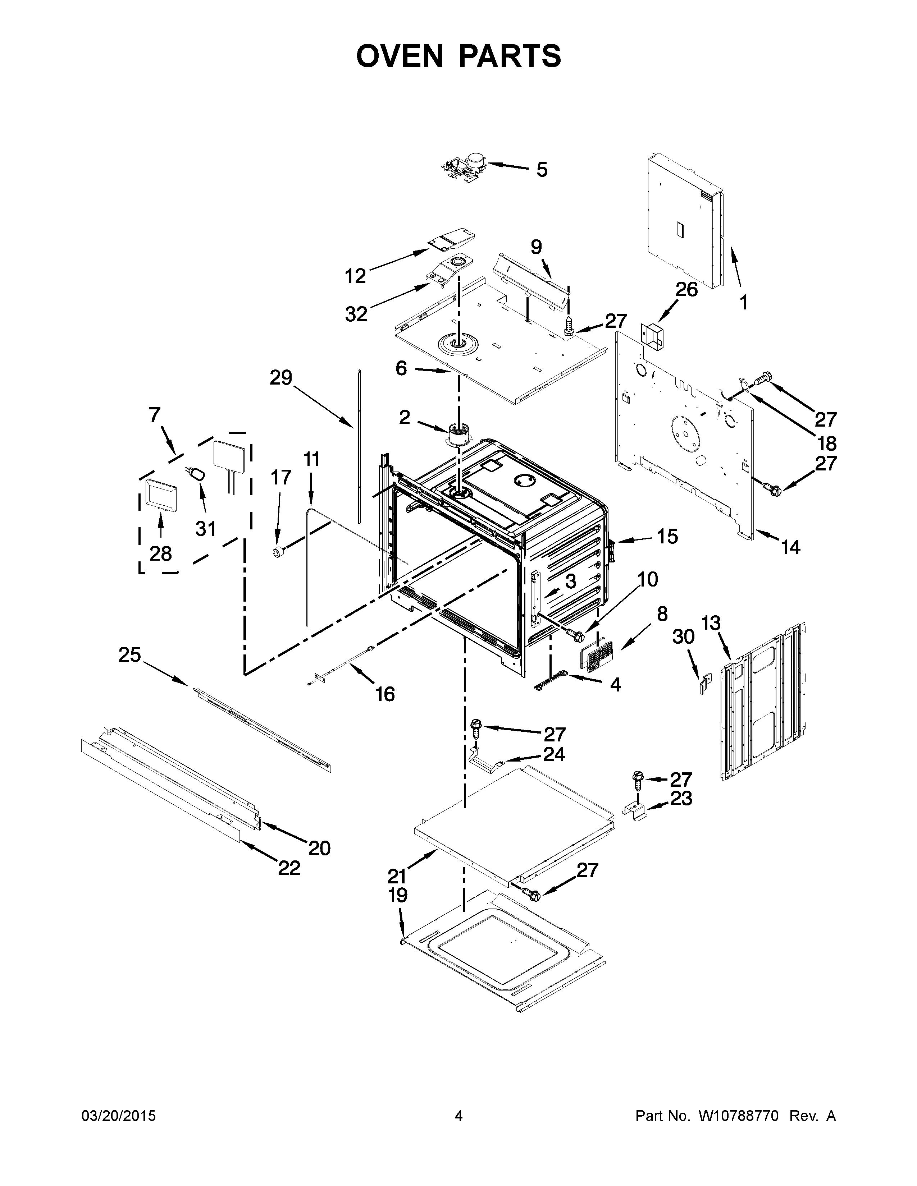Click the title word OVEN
pyautogui.click(x=399, y=56)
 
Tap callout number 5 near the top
pyautogui.click(x=542, y=170)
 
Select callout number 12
pyautogui.click(x=356, y=277)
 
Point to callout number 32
pyautogui.click(x=356, y=314)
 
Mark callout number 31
pyautogui.click(x=206, y=528)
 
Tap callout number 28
pyautogui.click(x=161, y=553)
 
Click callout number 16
pyautogui.click(x=385, y=694)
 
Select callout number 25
pyautogui.click(x=130, y=656)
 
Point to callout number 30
pyautogui.click(x=683, y=636)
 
